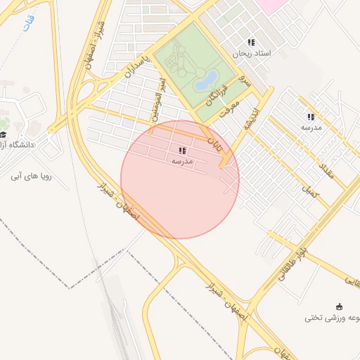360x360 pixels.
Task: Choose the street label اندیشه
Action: click(249, 118)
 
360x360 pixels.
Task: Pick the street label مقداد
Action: click(328, 169)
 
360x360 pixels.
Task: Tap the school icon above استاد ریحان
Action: click(251, 43)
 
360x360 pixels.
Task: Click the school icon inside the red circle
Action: click(182, 150)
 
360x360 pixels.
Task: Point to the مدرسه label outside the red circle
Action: click(311, 128)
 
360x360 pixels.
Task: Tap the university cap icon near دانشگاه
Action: click(3, 134)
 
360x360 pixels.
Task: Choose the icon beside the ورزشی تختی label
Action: click(340, 306)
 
